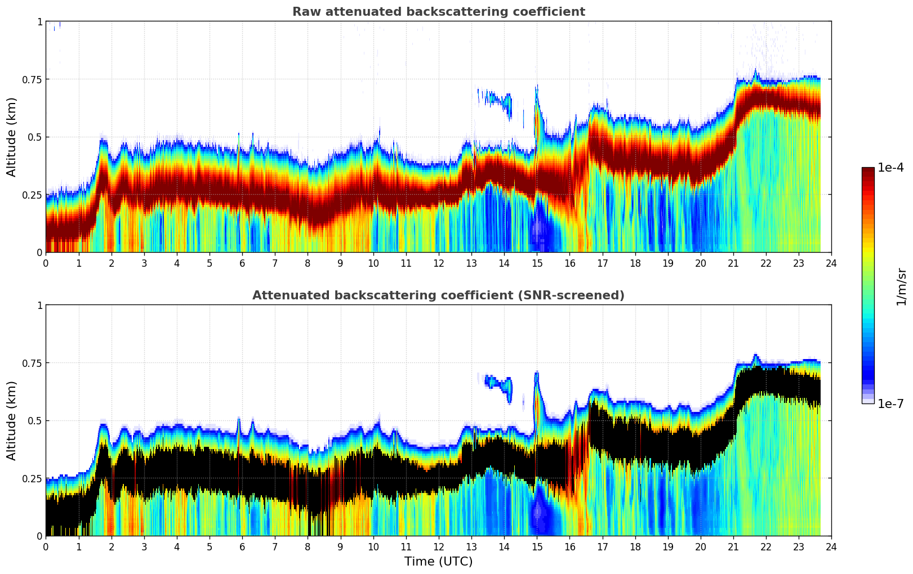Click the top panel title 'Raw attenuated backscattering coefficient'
438,12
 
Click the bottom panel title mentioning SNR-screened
438,295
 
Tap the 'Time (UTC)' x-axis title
438,562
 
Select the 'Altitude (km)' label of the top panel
12,137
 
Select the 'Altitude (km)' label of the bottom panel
12,420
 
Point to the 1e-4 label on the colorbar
890,168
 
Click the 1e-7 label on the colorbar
890,403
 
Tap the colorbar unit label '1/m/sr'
901,287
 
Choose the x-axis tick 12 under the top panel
439,263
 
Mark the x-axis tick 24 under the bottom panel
831,547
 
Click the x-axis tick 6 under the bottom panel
242,547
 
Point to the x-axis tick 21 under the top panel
733,263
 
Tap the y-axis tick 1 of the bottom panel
39,306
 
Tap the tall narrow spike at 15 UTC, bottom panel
537,388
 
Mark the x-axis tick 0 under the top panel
46,263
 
